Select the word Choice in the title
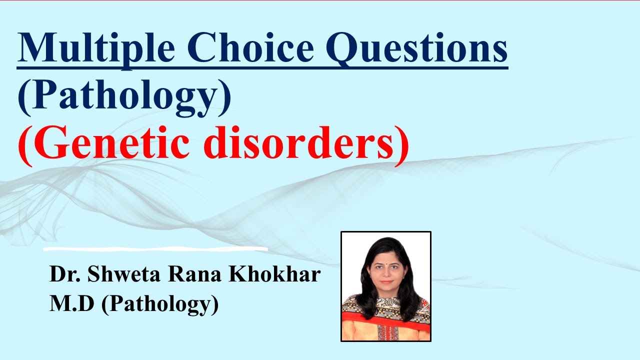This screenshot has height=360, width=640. (247, 49)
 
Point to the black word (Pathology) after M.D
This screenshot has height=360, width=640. (160, 304)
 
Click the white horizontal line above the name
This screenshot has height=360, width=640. (155, 248)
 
